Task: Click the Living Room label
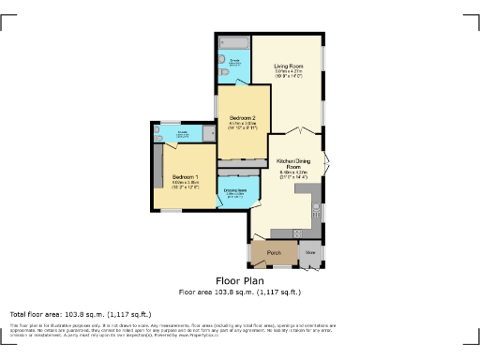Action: point(287,66)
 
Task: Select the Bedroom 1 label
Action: point(184,176)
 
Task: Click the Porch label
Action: point(274,253)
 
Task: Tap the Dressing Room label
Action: point(235,191)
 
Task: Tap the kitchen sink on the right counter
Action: point(318,207)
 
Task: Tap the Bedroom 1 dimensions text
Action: point(184,186)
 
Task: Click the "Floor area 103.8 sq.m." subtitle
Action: point(239,292)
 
